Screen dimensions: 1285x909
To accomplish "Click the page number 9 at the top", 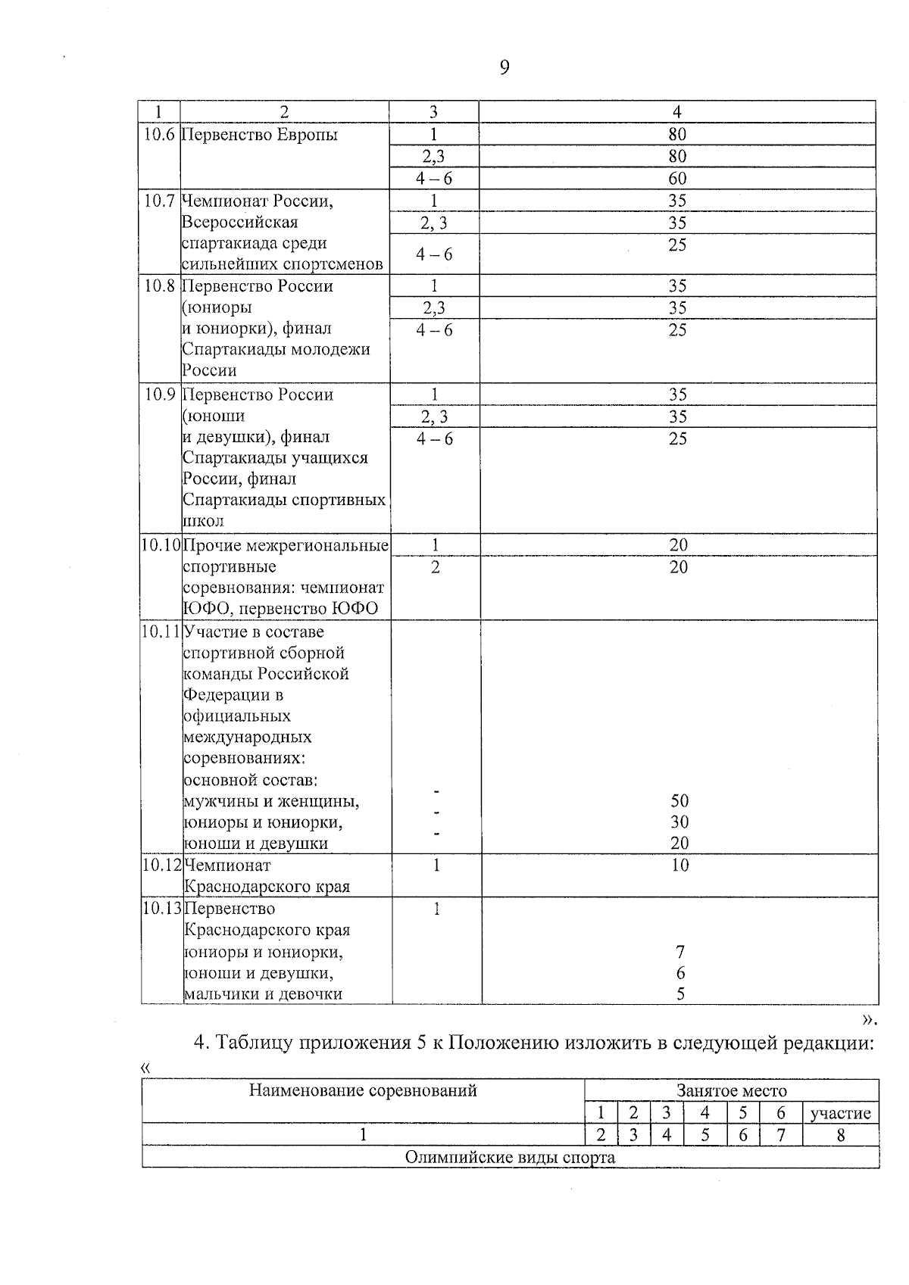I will click(504, 68).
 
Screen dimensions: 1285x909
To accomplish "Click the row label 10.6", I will click(159, 135).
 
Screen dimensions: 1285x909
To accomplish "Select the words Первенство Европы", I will click(260, 135).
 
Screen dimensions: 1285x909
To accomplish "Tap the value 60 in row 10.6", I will click(677, 179).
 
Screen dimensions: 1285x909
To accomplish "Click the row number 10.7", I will click(159, 201).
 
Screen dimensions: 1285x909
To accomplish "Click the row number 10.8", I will click(159, 286).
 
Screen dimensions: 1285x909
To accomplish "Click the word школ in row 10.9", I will click(203, 521).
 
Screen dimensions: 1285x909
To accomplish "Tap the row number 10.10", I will click(161, 545).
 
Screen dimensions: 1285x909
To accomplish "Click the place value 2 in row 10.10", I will click(436, 567).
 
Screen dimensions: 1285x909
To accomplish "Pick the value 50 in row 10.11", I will click(679, 801).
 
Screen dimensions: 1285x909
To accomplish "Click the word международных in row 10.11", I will click(248, 737).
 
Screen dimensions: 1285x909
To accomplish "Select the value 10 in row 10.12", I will click(679, 866).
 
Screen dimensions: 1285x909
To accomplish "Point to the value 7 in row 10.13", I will click(680, 952).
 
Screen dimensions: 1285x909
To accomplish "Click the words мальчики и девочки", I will click(263, 994).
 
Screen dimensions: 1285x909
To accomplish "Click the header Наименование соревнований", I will click(363, 1090).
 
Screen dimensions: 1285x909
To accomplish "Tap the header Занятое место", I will click(732, 1091).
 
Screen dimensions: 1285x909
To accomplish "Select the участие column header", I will click(840, 1113).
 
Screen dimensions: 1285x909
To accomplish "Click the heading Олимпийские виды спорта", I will click(510, 1157).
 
